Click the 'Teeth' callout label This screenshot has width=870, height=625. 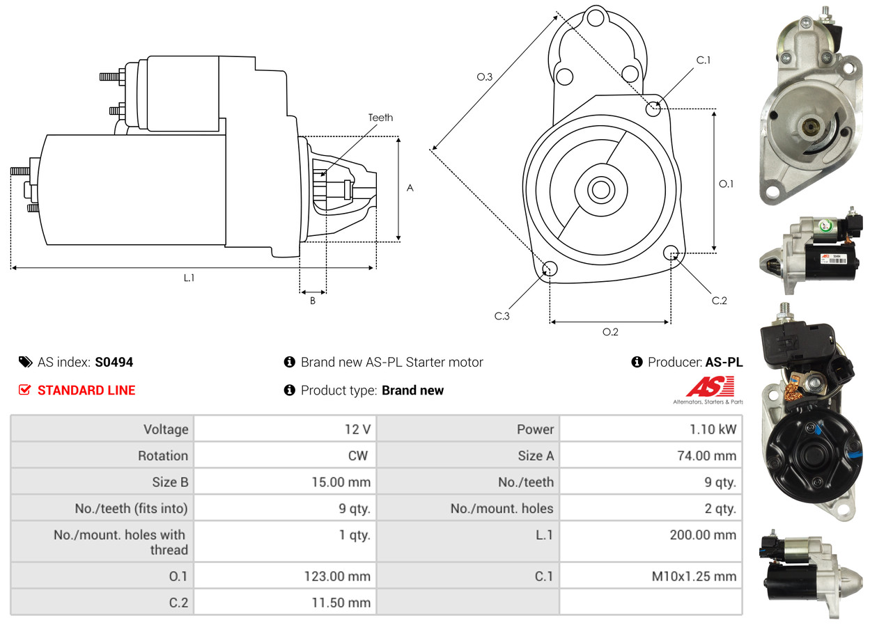380,118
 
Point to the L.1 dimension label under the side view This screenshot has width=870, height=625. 189,278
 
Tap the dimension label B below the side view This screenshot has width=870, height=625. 313,301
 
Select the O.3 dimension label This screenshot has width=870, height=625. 484,77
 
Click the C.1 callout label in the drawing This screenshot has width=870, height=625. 703,60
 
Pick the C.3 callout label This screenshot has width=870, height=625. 502,316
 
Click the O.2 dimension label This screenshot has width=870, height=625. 610,332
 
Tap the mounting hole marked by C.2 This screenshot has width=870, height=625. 671,253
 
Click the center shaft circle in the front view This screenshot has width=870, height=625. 601,190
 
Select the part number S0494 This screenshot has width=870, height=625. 114,363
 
